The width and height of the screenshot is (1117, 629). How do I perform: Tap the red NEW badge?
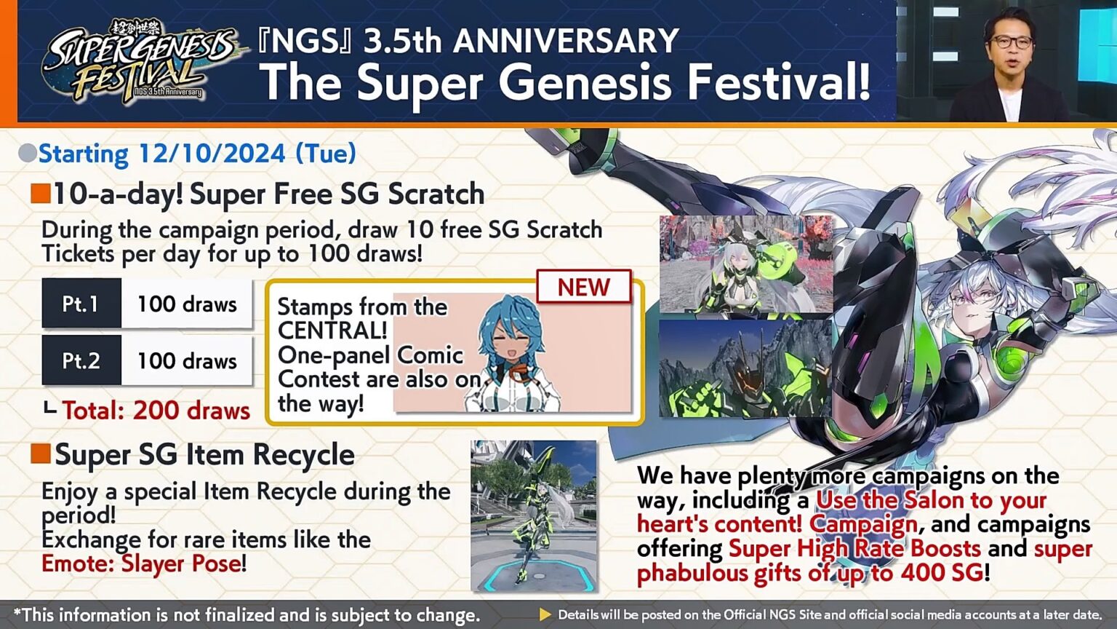coord(583,288)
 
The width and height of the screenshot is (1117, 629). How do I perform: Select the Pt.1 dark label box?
coord(81,304)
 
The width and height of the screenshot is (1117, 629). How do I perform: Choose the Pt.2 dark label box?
coord(81,360)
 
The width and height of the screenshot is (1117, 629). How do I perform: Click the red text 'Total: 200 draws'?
coord(156,411)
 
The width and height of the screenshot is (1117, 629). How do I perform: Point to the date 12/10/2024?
coord(212,154)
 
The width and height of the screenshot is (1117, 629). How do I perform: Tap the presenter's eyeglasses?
coord(1010,41)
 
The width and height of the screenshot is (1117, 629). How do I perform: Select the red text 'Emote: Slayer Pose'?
coord(141,563)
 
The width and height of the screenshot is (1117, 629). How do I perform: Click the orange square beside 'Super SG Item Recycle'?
coord(41,454)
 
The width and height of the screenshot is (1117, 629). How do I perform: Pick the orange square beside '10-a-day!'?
coord(41,194)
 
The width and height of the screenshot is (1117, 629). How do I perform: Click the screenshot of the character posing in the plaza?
coord(533,515)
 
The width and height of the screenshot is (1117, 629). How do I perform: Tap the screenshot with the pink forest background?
coord(745,264)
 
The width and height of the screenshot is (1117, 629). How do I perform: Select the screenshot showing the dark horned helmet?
coord(745,368)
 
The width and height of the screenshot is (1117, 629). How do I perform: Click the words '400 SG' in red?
coord(942,573)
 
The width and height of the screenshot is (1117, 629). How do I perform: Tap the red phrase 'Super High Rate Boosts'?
coord(854,548)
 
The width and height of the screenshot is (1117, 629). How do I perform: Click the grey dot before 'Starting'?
coord(28,154)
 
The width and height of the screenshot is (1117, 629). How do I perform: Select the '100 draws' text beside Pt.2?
coord(187,360)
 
